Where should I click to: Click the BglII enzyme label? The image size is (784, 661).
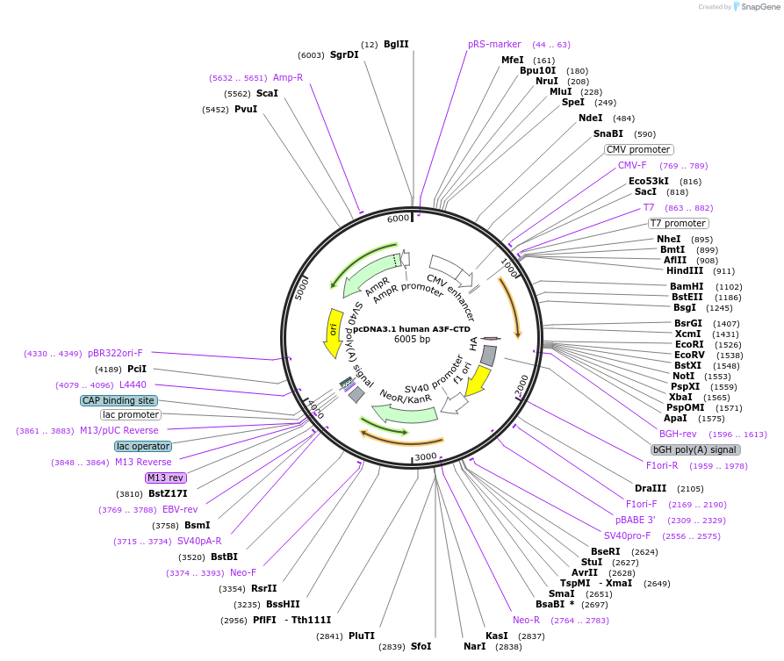pyautogui.click(x=396, y=44)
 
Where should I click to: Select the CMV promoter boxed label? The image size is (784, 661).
pyautogui.click(x=638, y=149)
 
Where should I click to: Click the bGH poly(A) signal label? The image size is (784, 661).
pyautogui.click(x=694, y=449)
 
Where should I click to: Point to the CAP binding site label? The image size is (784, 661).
pyautogui.click(x=119, y=400)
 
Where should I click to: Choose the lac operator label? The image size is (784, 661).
pyautogui.click(x=142, y=446)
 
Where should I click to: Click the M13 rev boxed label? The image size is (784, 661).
pyautogui.click(x=165, y=478)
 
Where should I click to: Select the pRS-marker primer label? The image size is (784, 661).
pyautogui.click(x=494, y=44)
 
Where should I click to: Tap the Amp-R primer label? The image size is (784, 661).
pyautogui.click(x=288, y=77)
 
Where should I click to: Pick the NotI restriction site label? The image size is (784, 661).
pyautogui.click(x=683, y=376)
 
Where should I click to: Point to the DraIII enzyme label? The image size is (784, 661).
pyautogui.click(x=651, y=488)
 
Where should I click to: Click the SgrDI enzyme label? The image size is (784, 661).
pyautogui.click(x=344, y=54)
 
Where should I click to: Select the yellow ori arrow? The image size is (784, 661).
pyautogui.click(x=334, y=332)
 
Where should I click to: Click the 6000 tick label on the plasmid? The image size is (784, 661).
pyautogui.click(x=399, y=219)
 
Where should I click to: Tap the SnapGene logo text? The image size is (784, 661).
pyautogui.click(x=761, y=7)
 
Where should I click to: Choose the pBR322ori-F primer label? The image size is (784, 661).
pyautogui.click(x=115, y=353)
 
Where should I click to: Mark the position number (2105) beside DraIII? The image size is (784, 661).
pyautogui.click(x=690, y=489)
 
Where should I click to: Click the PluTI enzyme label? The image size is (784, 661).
pyautogui.click(x=362, y=636)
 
